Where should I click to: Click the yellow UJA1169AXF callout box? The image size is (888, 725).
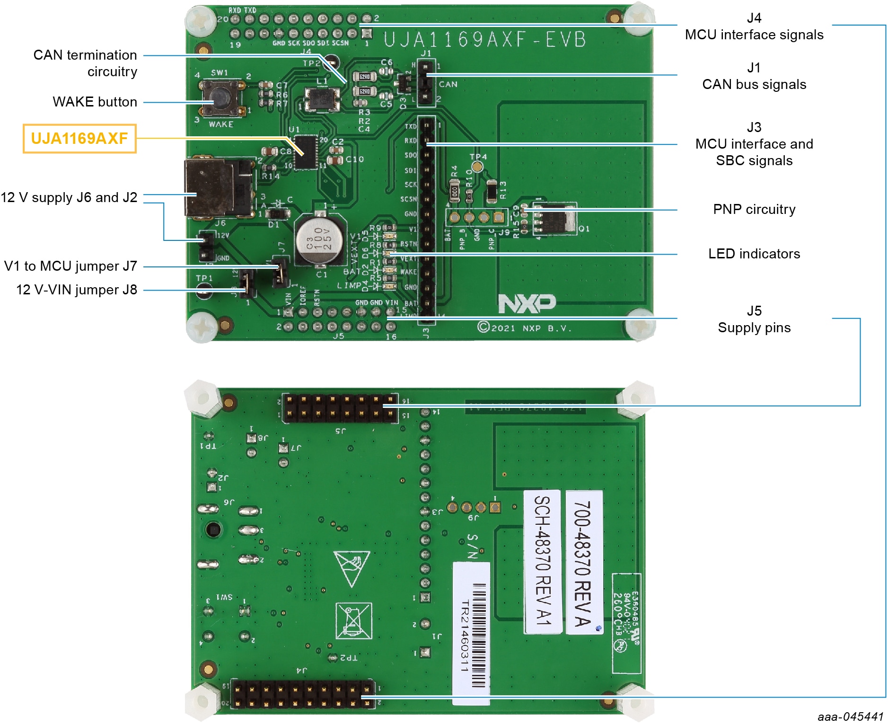pyautogui.click(x=79, y=139)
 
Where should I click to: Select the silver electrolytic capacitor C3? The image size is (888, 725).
pyautogui.click(x=319, y=239)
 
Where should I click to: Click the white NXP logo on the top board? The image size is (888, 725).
pyautogui.click(x=527, y=304)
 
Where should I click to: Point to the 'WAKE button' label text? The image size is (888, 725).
pyautogui.click(x=95, y=102)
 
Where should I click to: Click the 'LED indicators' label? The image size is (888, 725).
pyautogui.click(x=754, y=254)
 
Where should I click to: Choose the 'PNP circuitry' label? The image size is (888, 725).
pyautogui.click(x=754, y=209)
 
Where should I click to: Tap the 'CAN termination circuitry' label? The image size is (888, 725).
pyautogui.click(x=85, y=63)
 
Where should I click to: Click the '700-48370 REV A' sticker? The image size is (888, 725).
pyautogui.click(x=583, y=563)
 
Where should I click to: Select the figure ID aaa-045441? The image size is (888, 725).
pyautogui.click(x=850, y=716)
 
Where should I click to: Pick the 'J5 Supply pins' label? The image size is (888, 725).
pyautogui.click(x=754, y=319)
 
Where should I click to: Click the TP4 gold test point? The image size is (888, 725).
pyautogui.click(x=477, y=167)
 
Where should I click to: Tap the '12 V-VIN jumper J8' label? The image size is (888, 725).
pyautogui.click(x=77, y=290)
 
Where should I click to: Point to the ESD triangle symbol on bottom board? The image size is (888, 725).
pyautogui.click(x=351, y=567)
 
